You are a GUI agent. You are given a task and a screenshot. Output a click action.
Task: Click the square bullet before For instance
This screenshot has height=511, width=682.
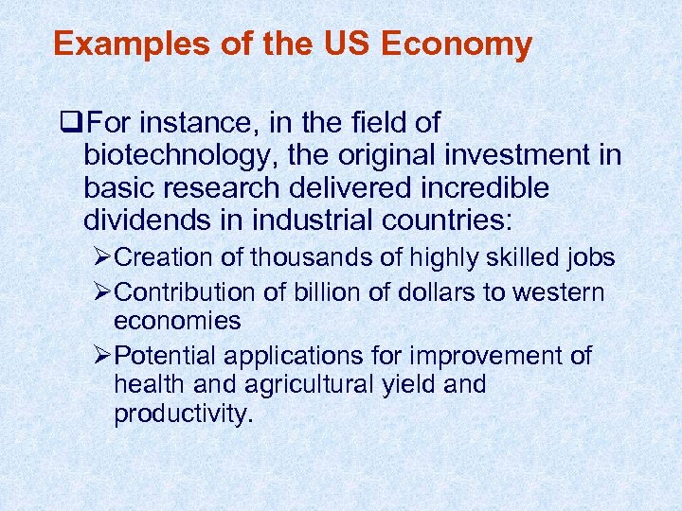click(x=65, y=123)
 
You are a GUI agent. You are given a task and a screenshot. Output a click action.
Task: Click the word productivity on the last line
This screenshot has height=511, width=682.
click(x=183, y=414)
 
